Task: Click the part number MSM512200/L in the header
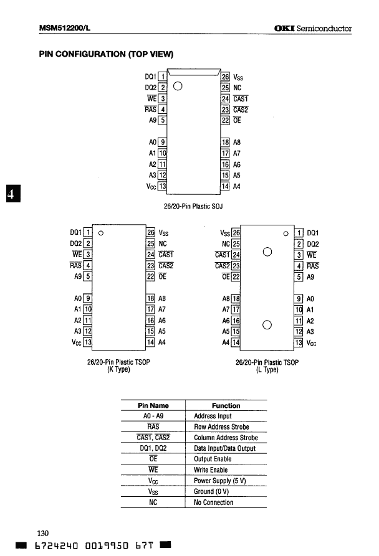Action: pyautogui.click(x=65, y=28)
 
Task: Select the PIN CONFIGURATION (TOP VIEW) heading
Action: pyautogui.click(x=107, y=55)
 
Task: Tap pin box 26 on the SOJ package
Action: pyautogui.click(x=226, y=77)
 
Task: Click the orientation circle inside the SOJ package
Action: pyautogui.click(x=178, y=87)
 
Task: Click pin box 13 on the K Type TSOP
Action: pyautogui.click(x=88, y=342)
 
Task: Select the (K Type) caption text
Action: pyautogui.click(x=118, y=369)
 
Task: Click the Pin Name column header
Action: pyautogui.click(x=153, y=405)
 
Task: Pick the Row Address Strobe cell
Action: pyautogui.click(x=221, y=427)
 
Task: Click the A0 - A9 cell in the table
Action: pyautogui.click(x=153, y=416)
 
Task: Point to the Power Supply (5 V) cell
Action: pyautogui.click(x=219, y=481)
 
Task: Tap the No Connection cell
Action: pyautogui.click(x=214, y=502)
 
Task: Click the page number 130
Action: pyautogui.click(x=43, y=533)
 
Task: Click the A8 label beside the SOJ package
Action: pyautogui.click(x=237, y=143)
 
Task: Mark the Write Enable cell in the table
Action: pyautogui.click(x=211, y=470)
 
